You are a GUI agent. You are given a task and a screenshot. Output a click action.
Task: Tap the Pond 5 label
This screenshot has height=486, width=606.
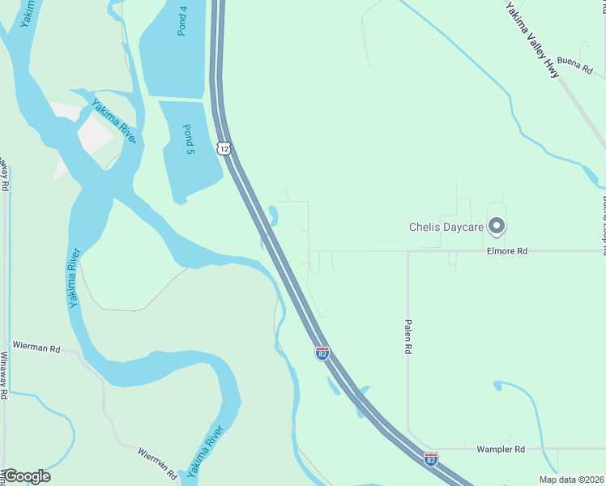pyautogui.click(x=188, y=140)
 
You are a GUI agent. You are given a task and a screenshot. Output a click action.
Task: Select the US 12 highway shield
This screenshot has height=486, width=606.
pyautogui.click(x=224, y=147)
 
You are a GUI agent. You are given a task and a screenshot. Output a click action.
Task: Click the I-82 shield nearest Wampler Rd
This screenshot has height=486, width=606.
pyautogui.click(x=430, y=459)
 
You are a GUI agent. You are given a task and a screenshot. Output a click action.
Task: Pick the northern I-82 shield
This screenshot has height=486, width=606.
pyautogui.click(x=322, y=352)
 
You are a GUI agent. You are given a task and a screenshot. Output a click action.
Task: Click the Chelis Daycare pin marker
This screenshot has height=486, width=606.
pyautogui.click(x=497, y=227)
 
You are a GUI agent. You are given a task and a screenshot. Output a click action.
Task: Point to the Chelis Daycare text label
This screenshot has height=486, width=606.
pyautogui.click(x=446, y=228)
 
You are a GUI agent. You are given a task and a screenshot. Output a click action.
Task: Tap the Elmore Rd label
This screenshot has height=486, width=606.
pyautogui.click(x=507, y=252)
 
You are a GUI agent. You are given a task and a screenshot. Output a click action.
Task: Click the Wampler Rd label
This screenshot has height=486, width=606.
pyautogui.click(x=501, y=449)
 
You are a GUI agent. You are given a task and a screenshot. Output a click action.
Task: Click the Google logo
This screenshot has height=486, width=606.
pyautogui.click(x=27, y=476)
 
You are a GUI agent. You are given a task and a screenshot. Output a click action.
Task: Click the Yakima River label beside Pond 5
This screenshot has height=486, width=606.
pyautogui.click(x=113, y=121)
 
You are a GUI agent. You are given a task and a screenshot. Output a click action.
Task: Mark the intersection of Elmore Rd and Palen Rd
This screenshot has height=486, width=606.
pyautogui.click(x=408, y=252)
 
